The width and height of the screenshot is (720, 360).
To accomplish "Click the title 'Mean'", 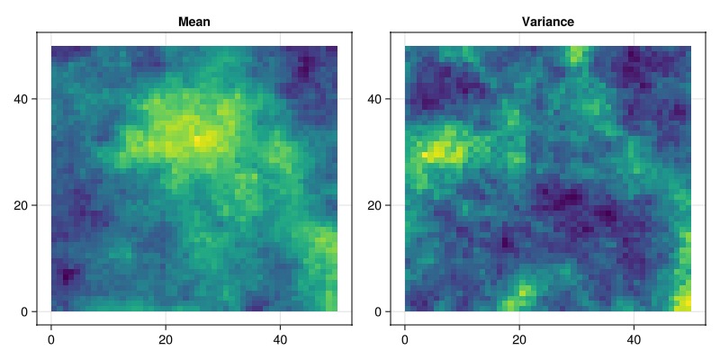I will coord(194,22).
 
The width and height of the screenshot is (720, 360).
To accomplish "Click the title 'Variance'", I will coord(548,22).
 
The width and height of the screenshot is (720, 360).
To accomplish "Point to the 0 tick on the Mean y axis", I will coord(25,312).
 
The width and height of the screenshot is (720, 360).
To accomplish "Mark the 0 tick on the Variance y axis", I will coord(379,312).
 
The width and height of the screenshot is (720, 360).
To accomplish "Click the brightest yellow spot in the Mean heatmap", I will coord(206,139).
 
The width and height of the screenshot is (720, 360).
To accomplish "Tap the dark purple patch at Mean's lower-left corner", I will coord(66,274).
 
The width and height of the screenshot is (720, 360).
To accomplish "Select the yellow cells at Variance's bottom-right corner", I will coord(685,302).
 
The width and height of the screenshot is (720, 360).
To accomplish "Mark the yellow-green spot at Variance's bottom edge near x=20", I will coord(522,293).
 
